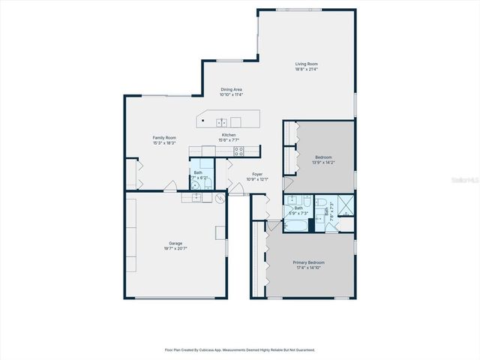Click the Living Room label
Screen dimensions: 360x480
click(306, 64)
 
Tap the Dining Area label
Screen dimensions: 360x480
click(231, 89)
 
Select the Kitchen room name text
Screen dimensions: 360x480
click(228, 135)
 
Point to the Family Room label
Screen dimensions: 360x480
click(164, 137)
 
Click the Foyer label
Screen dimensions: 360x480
click(258, 175)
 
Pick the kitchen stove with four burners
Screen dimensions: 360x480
click(239, 151)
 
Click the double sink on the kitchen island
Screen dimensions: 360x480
click(222, 121)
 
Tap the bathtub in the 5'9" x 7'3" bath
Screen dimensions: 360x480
click(297, 223)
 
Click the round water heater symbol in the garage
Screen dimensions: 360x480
click(220, 199)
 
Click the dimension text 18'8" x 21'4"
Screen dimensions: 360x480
click(306, 69)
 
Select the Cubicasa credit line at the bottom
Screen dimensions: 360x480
click(240, 349)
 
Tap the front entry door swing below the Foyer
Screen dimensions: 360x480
click(238, 190)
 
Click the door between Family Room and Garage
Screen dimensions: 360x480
click(171, 187)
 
